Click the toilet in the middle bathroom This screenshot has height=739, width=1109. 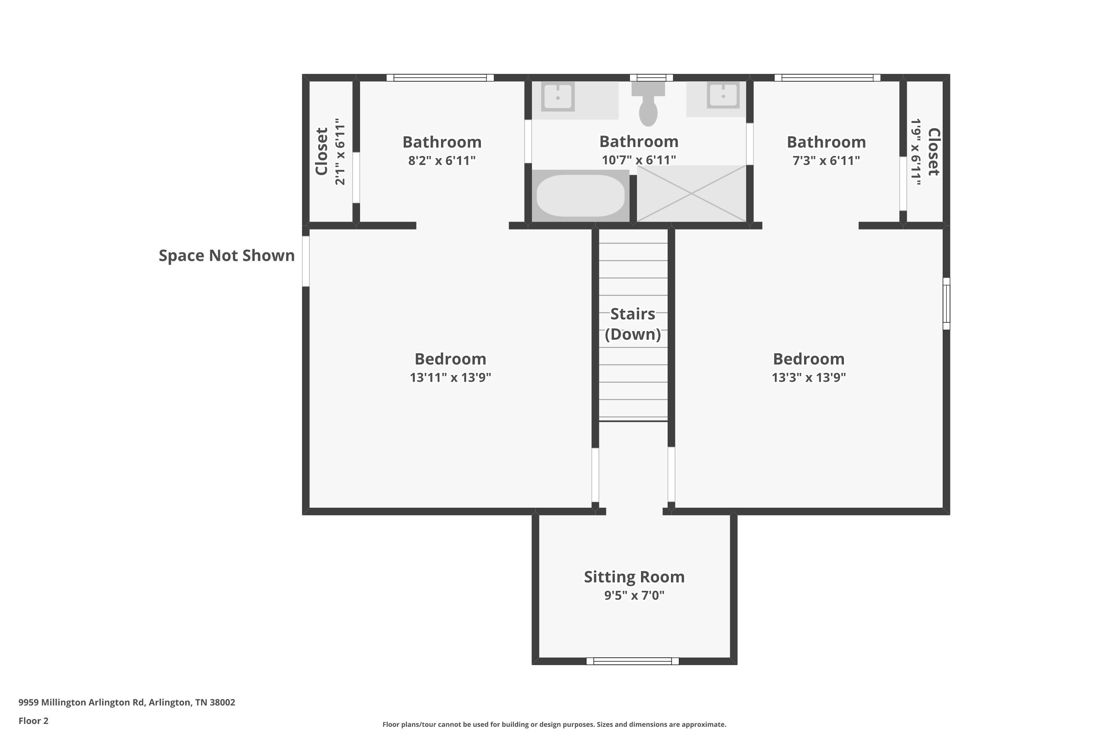click(x=648, y=104)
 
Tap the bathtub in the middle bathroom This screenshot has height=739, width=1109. click(x=580, y=195)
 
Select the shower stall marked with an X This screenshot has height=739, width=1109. click(x=691, y=193)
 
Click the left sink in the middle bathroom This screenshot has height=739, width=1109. click(x=558, y=96)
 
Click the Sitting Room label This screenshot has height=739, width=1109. click(x=634, y=577)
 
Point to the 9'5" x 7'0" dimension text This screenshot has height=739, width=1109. click(x=634, y=595)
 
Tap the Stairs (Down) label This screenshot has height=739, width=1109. click(x=633, y=324)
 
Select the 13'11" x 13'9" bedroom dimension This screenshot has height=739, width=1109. click(x=450, y=378)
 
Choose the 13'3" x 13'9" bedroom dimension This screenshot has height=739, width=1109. click(x=809, y=378)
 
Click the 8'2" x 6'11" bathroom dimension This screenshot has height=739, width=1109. click(x=442, y=161)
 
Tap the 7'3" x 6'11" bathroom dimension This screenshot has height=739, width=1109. click(x=826, y=161)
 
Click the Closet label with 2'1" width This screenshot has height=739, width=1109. click(x=322, y=151)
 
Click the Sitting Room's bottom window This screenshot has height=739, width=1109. click(x=632, y=661)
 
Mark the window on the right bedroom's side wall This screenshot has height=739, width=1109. click(x=946, y=303)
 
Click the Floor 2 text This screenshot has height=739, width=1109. click(x=34, y=721)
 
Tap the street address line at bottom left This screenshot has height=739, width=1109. click(x=127, y=702)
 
